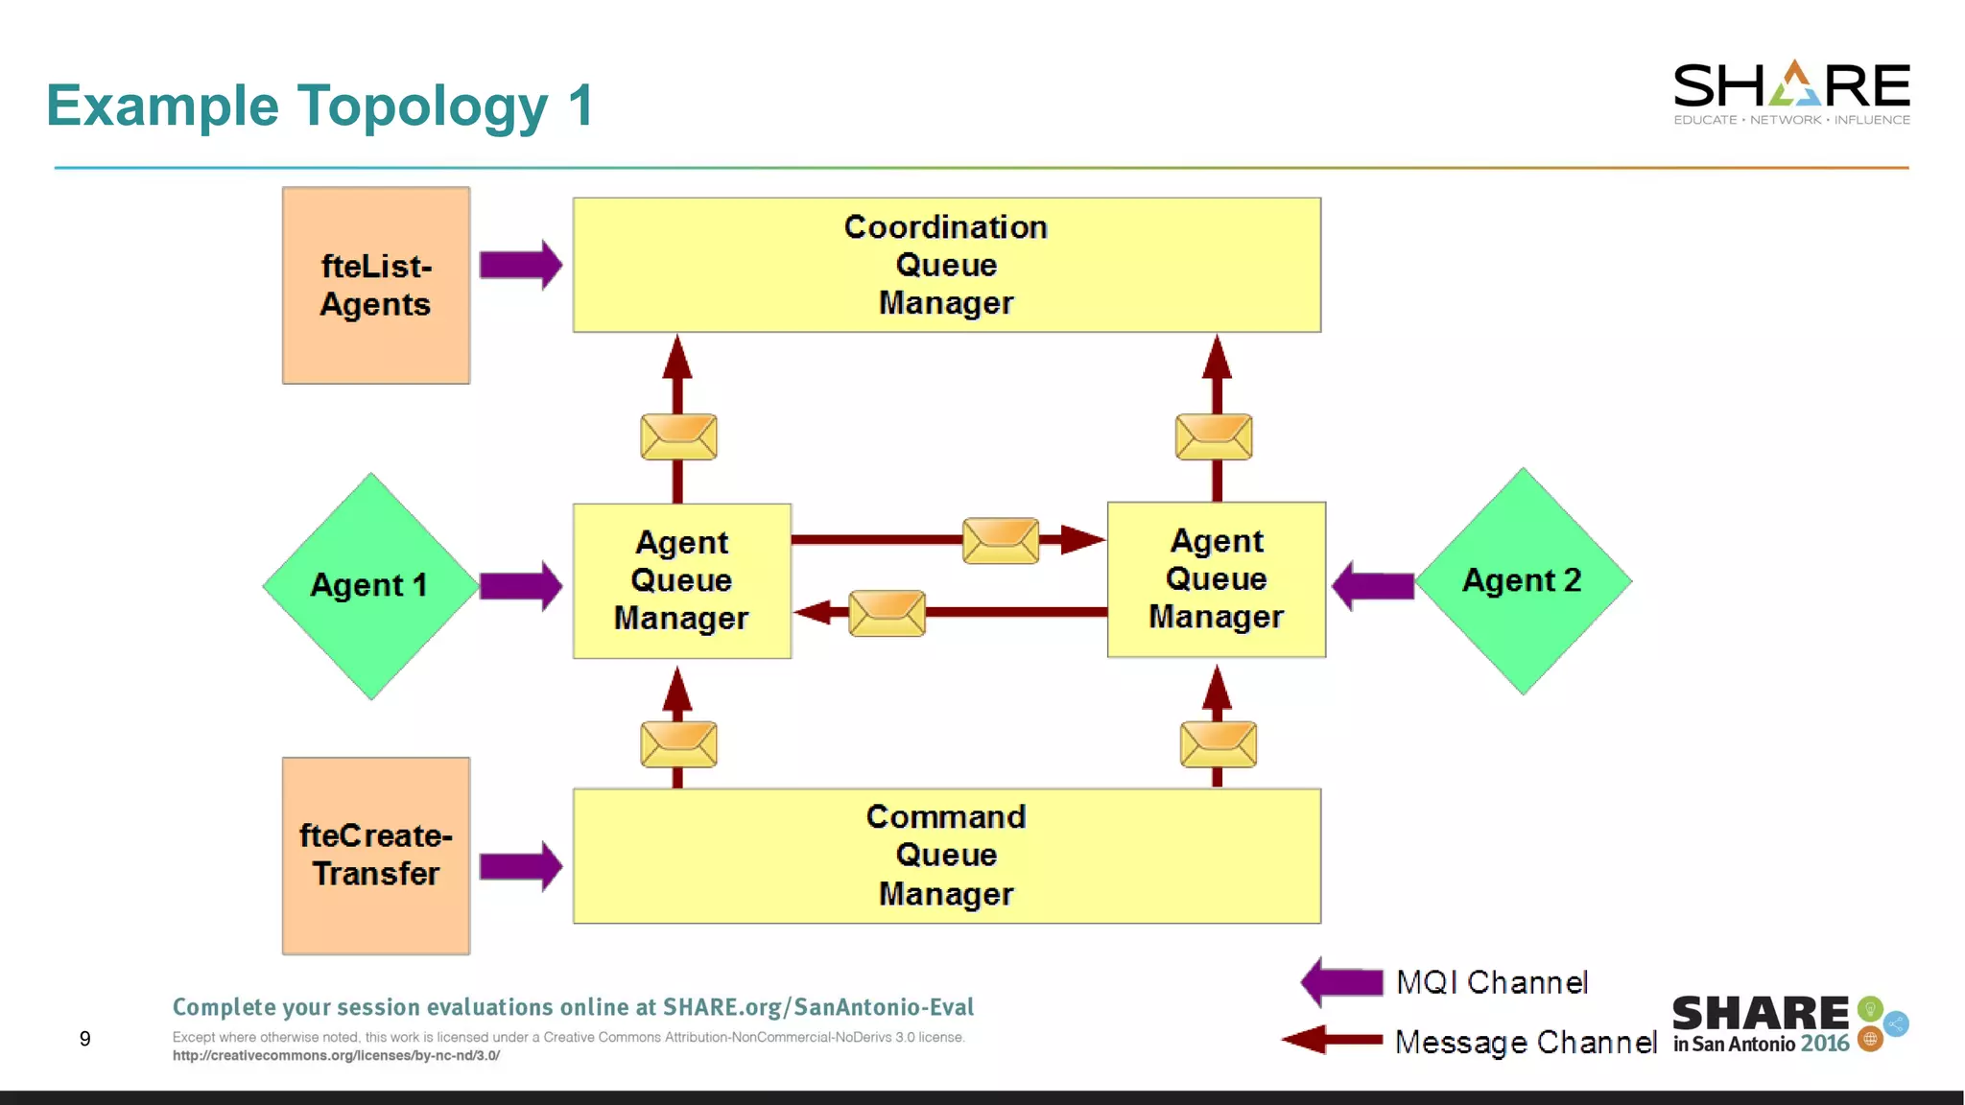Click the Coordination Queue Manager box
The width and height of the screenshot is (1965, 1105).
pos(946,265)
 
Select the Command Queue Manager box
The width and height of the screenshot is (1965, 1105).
pos(946,856)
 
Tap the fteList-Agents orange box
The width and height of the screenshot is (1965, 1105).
pos(376,286)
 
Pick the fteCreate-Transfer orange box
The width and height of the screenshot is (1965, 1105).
pos(376,856)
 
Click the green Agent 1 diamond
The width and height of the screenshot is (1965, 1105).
pos(370,585)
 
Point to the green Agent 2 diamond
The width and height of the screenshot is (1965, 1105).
pos(1523,580)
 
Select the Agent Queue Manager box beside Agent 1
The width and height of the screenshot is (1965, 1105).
pos(681,580)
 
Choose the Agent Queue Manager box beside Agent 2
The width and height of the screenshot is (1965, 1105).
pos(1216,579)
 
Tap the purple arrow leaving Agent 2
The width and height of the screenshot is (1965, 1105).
pos(1373,585)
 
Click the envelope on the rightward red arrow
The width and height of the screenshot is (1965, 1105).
pos(1001,540)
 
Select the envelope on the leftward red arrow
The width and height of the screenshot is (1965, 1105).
pos(887,613)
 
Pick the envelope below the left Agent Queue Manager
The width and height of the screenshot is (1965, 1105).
pos(678,744)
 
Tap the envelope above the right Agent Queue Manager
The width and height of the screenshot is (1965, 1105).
pos(1214,436)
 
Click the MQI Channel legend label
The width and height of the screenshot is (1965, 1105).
pos(1491,982)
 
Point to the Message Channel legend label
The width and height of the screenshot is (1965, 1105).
pos(1525,1042)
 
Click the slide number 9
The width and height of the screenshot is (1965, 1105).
pos(85,1039)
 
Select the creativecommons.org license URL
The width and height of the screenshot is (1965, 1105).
pos(336,1055)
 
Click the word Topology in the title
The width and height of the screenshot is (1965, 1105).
pos(422,106)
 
